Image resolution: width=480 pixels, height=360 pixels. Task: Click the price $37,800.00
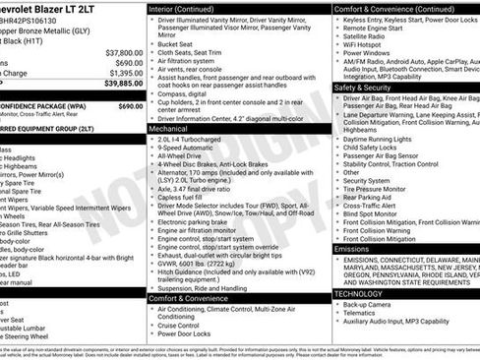124,52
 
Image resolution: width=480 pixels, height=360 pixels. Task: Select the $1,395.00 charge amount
125,73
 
